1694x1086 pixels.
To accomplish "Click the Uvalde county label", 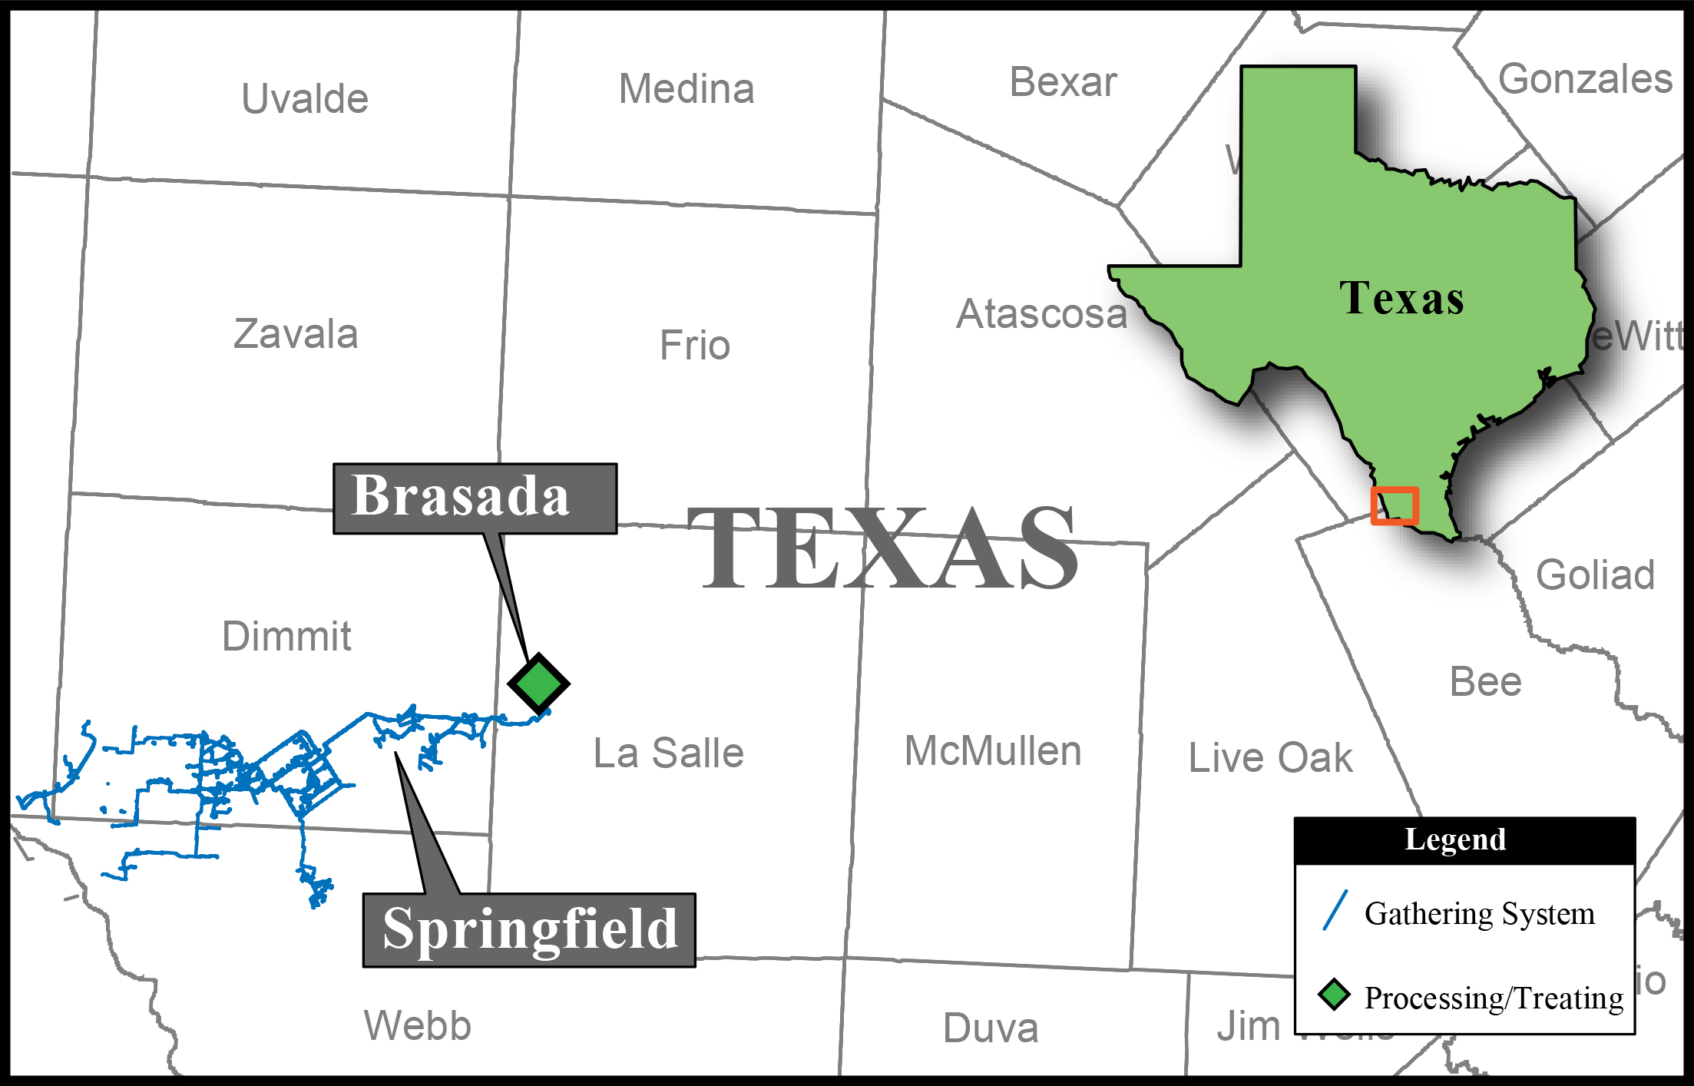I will pos(305,99).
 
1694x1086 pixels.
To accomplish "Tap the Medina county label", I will pos(687,89).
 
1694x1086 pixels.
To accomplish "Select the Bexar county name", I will pos(1063,82).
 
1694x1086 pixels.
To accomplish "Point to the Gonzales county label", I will pos(1585,79).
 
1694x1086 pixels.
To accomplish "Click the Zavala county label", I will pos(296,334).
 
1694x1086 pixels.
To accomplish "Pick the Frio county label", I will pos(694,346).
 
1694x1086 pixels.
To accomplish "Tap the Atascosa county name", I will pos(1041,314).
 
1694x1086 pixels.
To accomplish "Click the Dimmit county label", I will pos(286,636).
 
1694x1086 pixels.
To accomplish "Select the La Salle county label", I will pos(668,753).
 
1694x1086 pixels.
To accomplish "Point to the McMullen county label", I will pos(993,751).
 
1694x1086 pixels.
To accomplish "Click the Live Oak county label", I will pos(1270,758).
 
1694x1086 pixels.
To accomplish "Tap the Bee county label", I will pos(1485,682).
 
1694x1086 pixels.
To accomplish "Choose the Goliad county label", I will pos(1595,575).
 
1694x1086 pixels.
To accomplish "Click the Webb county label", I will pos(417,1025).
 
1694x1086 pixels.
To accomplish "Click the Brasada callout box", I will pos(475,498).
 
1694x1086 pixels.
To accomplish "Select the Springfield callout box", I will pos(529,929).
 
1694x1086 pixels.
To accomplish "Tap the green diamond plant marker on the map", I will pos(538,684).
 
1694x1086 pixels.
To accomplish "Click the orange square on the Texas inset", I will pos(1395,505).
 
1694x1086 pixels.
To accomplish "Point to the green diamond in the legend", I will pos(1334,995).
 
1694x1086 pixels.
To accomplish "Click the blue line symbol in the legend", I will pos(1335,910).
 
